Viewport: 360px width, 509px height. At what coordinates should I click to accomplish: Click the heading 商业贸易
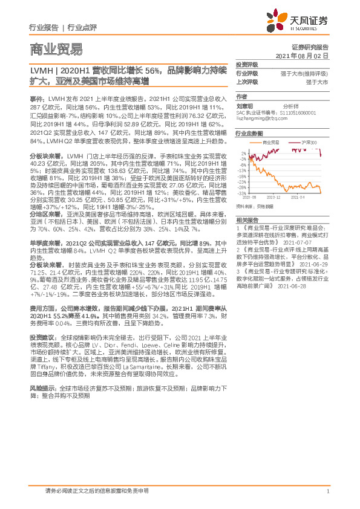[x=56, y=50]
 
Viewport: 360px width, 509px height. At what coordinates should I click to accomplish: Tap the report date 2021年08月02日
[x=306, y=55]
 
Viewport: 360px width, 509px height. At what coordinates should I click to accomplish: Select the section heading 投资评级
[x=246, y=64]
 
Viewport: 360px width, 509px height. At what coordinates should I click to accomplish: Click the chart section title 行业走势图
[x=249, y=132]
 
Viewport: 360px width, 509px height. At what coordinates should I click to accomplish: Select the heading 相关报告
[x=246, y=219]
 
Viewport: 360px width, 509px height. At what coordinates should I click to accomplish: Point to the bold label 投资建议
[x=41, y=336]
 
